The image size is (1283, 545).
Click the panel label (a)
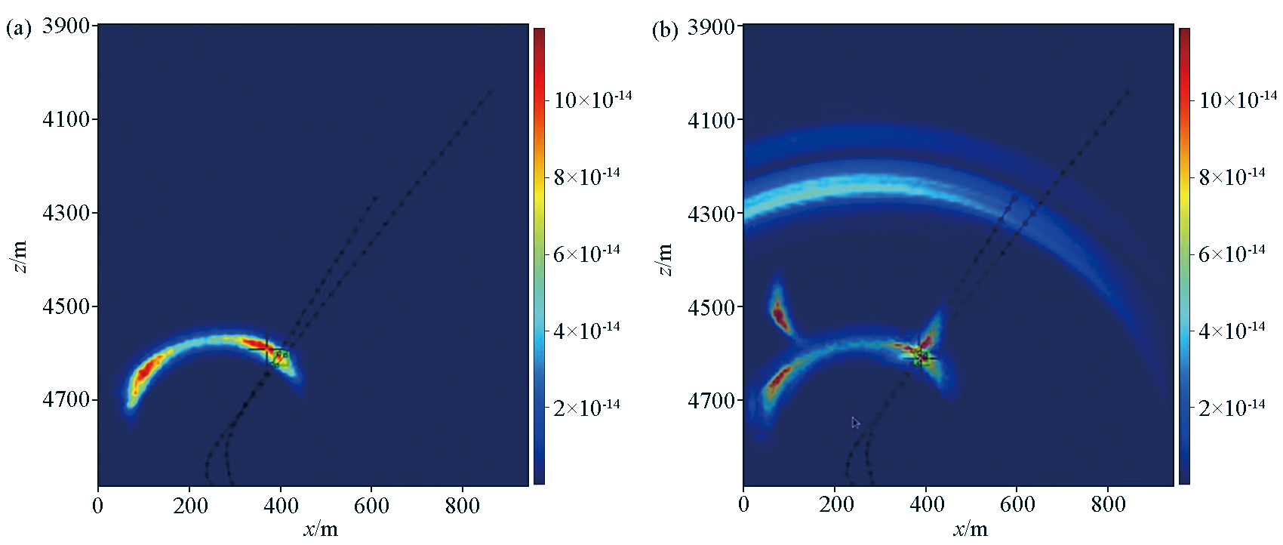point(19,29)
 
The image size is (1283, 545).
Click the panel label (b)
point(665,29)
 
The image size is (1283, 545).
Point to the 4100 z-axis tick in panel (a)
point(66,119)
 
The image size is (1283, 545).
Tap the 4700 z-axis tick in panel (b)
point(712,401)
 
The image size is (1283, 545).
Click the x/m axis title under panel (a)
point(321,529)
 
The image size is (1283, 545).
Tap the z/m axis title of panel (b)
point(664,260)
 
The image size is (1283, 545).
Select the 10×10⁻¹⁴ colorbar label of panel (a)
point(592,100)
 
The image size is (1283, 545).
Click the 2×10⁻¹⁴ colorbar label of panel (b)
point(1232,408)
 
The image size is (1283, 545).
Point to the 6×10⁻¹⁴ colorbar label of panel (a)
point(586,254)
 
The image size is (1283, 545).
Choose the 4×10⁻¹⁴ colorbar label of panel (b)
point(1232,331)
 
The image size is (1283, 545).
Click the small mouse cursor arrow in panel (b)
point(856,423)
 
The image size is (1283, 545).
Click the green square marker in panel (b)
point(921,356)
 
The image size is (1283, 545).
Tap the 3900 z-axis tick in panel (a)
point(66,26)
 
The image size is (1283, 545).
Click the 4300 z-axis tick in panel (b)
point(712,214)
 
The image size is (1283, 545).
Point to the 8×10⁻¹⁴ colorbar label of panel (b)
point(1232,177)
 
